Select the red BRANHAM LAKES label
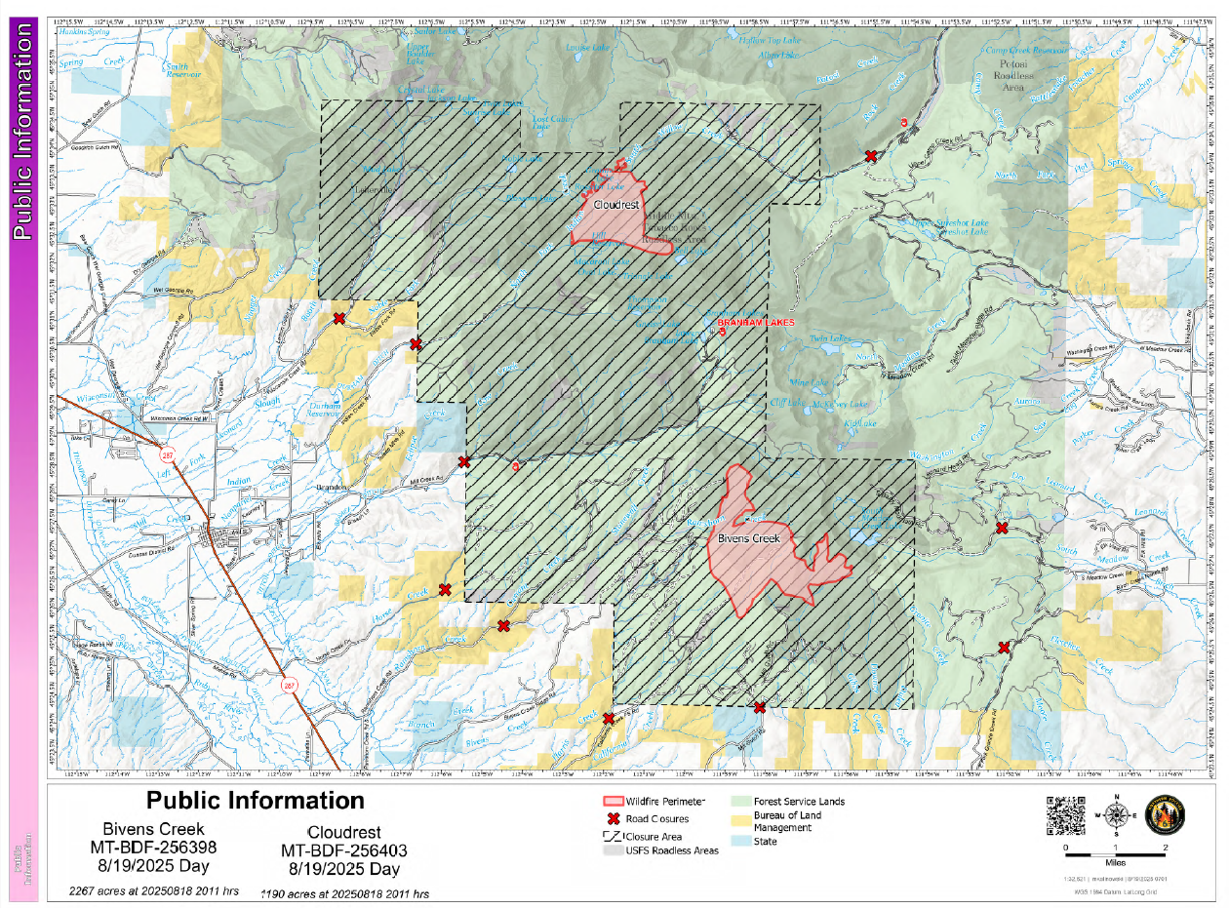tap(755, 322)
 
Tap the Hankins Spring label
tap(85, 31)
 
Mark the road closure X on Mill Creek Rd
tap(464, 462)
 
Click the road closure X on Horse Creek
tap(445, 589)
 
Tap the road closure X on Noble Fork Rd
tap(339, 319)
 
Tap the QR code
tap(1065, 816)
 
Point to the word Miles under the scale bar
tap(1116, 862)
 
